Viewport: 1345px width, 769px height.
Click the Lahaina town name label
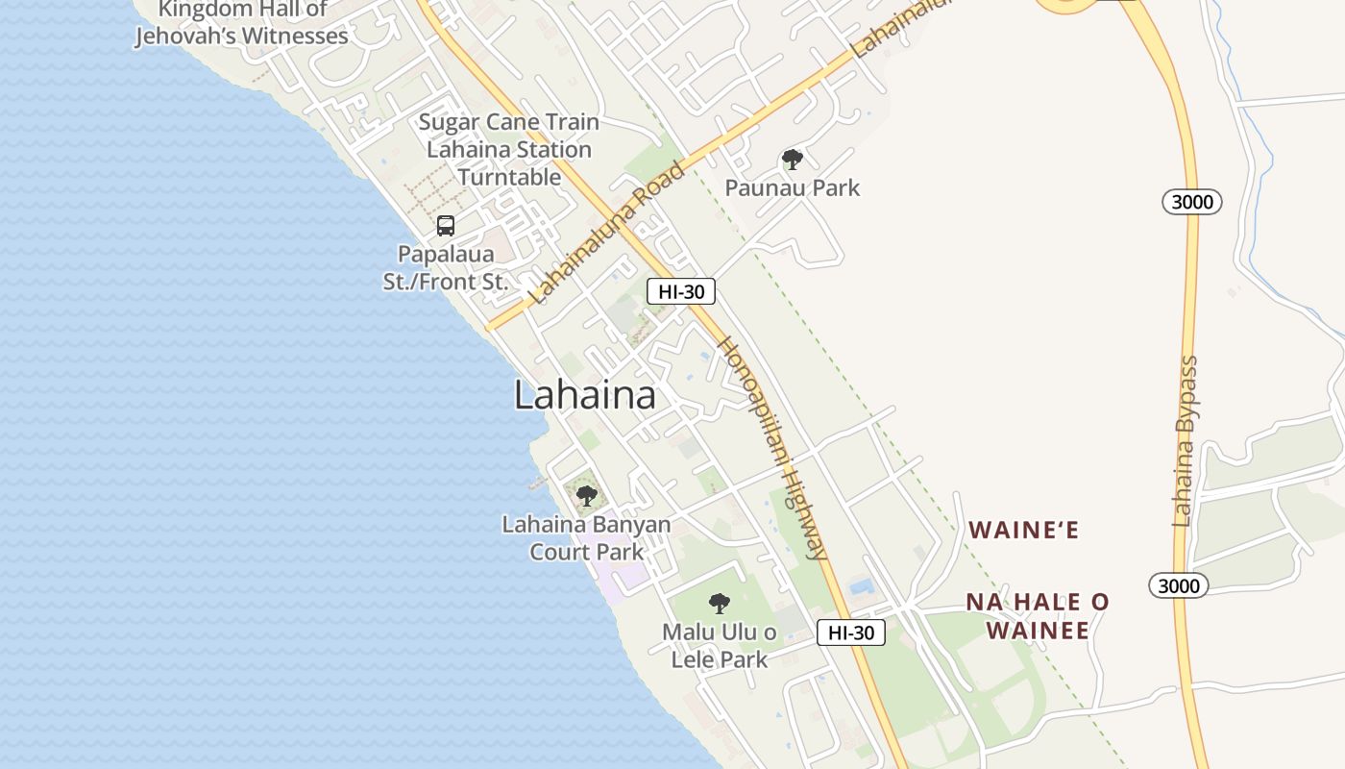(x=584, y=395)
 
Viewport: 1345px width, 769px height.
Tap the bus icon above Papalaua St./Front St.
(x=446, y=226)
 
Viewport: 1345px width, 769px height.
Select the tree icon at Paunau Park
(x=792, y=160)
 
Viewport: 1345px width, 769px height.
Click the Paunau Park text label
(x=792, y=187)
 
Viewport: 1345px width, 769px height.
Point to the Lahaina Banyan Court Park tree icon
(x=586, y=497)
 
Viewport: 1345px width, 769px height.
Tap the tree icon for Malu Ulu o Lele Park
(x=719, y=604)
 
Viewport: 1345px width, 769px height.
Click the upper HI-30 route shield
(x=681, y=291)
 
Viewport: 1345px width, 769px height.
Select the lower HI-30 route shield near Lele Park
(x=851, y=633)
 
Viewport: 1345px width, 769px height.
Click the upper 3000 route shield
(x=1191, y=202)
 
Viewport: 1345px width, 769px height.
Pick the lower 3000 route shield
(x=1178, y=585)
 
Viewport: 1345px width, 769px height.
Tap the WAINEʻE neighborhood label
(x=1024, y=530)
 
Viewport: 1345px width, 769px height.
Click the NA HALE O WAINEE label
(x=1038, y=616)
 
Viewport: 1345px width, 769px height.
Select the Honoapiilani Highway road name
(x=773, y=448)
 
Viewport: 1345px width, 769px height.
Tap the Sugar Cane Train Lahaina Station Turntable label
(x=509, y=150)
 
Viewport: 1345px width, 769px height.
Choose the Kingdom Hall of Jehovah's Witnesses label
(x=242, y=24)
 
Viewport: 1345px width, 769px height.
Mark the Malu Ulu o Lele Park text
(x=720, y=646)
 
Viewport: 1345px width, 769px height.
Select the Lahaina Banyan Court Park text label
(x=586, y=538)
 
